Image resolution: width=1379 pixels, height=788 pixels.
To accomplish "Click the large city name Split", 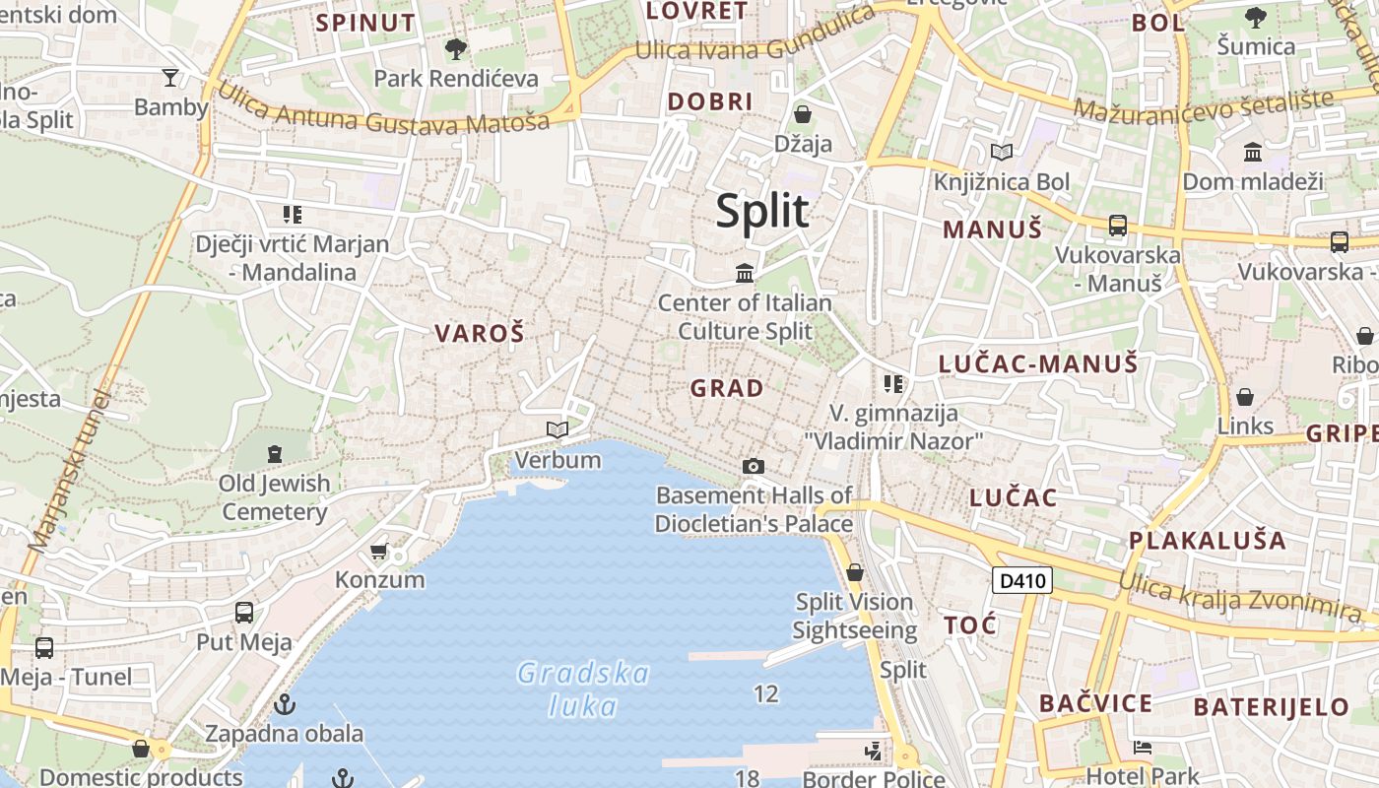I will [762, 211].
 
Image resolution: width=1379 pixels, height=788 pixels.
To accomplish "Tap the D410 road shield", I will [1021, 581].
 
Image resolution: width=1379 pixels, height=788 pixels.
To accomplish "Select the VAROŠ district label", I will [480, 333].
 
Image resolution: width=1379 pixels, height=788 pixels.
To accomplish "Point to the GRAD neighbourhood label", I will [727, 388].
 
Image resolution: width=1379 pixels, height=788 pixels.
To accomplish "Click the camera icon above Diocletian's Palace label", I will [754, 466].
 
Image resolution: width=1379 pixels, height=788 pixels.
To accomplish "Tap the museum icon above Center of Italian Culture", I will [745, 272].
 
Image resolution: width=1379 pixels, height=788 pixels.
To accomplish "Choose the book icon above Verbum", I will [558, 429].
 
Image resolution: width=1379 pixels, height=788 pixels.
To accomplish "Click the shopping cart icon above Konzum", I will [379, 551].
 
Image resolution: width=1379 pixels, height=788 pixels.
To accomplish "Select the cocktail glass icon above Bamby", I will [170, 78].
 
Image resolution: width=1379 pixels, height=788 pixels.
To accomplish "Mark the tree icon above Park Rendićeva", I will [455, 48].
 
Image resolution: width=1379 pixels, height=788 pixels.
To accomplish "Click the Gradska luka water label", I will [584, 689].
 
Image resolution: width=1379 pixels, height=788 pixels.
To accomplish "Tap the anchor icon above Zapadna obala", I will [285, 704].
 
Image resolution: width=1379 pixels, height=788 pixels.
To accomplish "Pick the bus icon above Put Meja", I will [244, 613].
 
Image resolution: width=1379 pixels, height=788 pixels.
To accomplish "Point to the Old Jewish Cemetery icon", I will [274, 454].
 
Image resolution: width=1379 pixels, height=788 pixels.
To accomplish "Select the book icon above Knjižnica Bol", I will [1002, 152].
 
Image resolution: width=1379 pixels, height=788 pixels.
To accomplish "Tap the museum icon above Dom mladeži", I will [1253, 152].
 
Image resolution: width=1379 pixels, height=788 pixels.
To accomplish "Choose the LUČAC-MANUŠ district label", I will [1038, 364].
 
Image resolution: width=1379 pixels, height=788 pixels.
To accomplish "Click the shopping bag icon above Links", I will [1245, 397].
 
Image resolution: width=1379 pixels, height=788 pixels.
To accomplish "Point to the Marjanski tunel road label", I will [69, 473].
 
